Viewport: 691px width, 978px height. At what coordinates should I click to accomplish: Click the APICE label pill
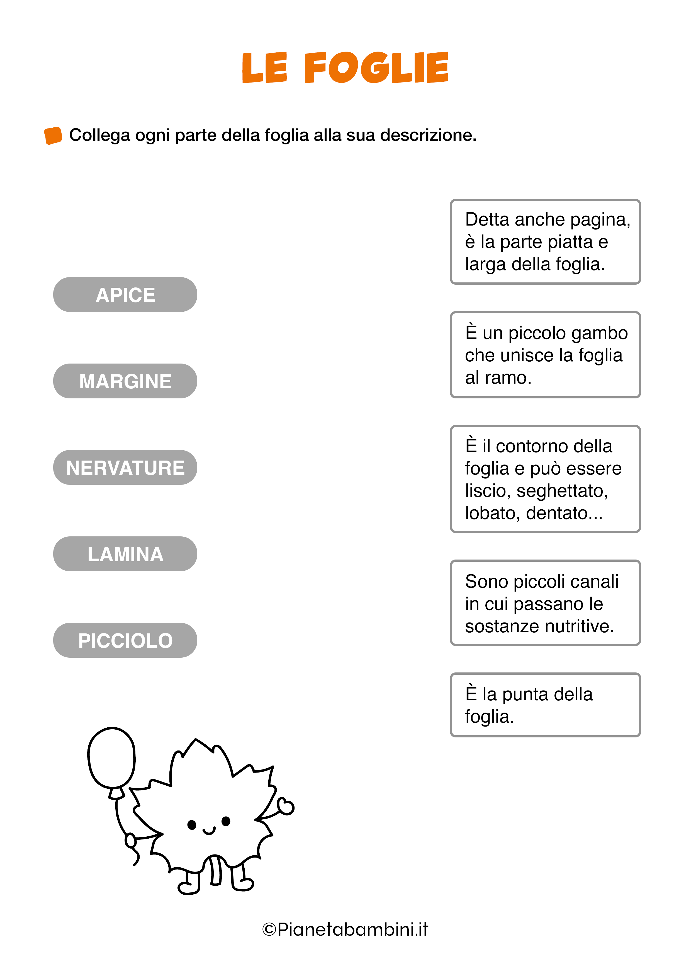point(125,295)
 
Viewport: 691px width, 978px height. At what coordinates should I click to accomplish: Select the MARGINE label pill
point(125,381)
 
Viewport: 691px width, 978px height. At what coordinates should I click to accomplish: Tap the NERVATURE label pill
point(125,468)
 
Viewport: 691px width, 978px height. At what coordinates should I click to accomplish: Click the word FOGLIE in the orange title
point(376,67)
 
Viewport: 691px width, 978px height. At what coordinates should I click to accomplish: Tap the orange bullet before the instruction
point(53,135)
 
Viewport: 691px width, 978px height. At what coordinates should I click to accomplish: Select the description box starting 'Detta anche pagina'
point(545,241)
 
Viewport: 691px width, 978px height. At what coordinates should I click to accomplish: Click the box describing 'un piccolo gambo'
point(545,355)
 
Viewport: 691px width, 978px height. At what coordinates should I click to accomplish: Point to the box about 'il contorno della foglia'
point(545,479)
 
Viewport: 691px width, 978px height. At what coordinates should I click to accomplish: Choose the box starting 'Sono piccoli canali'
point(545,603)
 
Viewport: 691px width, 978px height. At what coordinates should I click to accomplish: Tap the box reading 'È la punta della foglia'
point(545,705)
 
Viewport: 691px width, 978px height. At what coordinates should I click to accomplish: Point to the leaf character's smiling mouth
point(209,831)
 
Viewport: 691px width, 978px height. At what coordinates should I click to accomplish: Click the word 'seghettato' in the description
point(562,491)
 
